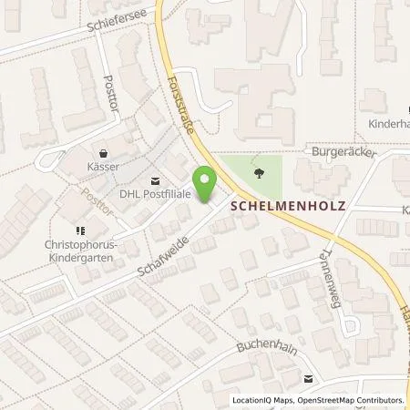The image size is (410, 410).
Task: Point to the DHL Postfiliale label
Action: point(154,194)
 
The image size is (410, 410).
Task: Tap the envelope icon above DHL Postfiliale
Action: point(153,181)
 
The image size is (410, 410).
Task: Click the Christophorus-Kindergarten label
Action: point(77,251)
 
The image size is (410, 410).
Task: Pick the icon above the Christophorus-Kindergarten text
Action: point(79,231)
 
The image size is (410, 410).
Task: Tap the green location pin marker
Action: point(206,186)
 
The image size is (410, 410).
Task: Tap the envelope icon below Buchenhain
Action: point(309,377)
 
